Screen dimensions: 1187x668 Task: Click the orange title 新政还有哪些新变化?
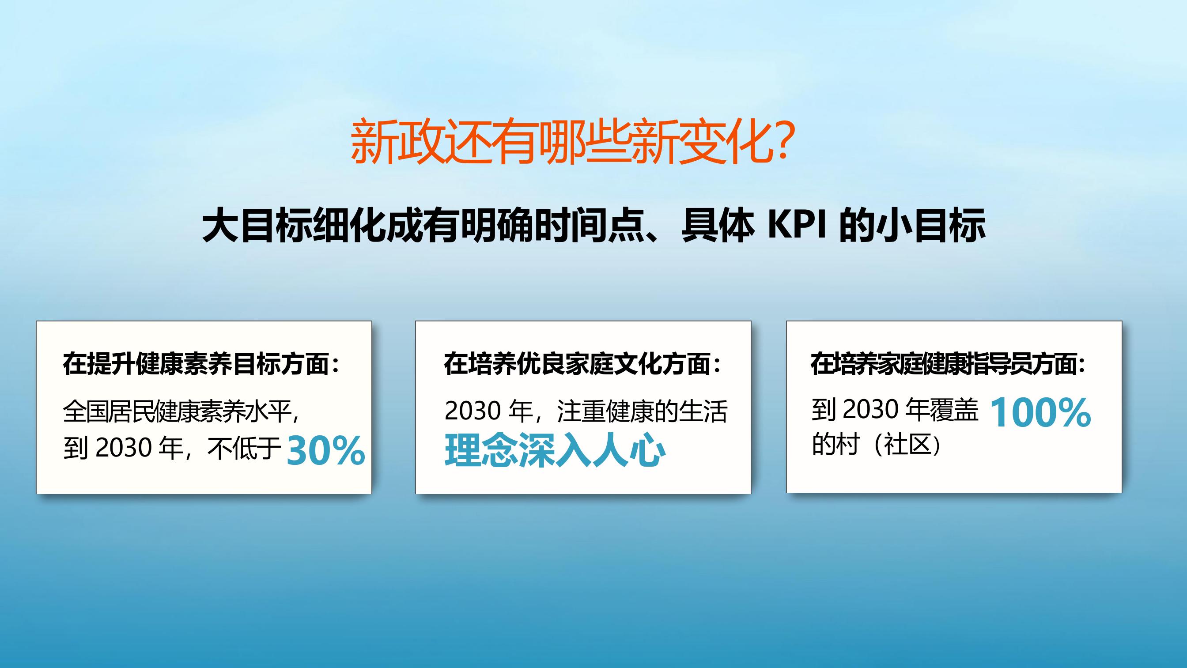[572, 142]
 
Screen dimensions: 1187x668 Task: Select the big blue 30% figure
[326, 451]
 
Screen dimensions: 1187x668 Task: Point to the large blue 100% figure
[1040, 412]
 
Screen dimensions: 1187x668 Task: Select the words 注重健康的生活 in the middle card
[642, 411]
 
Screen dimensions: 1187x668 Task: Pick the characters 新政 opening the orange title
[397, 142]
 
